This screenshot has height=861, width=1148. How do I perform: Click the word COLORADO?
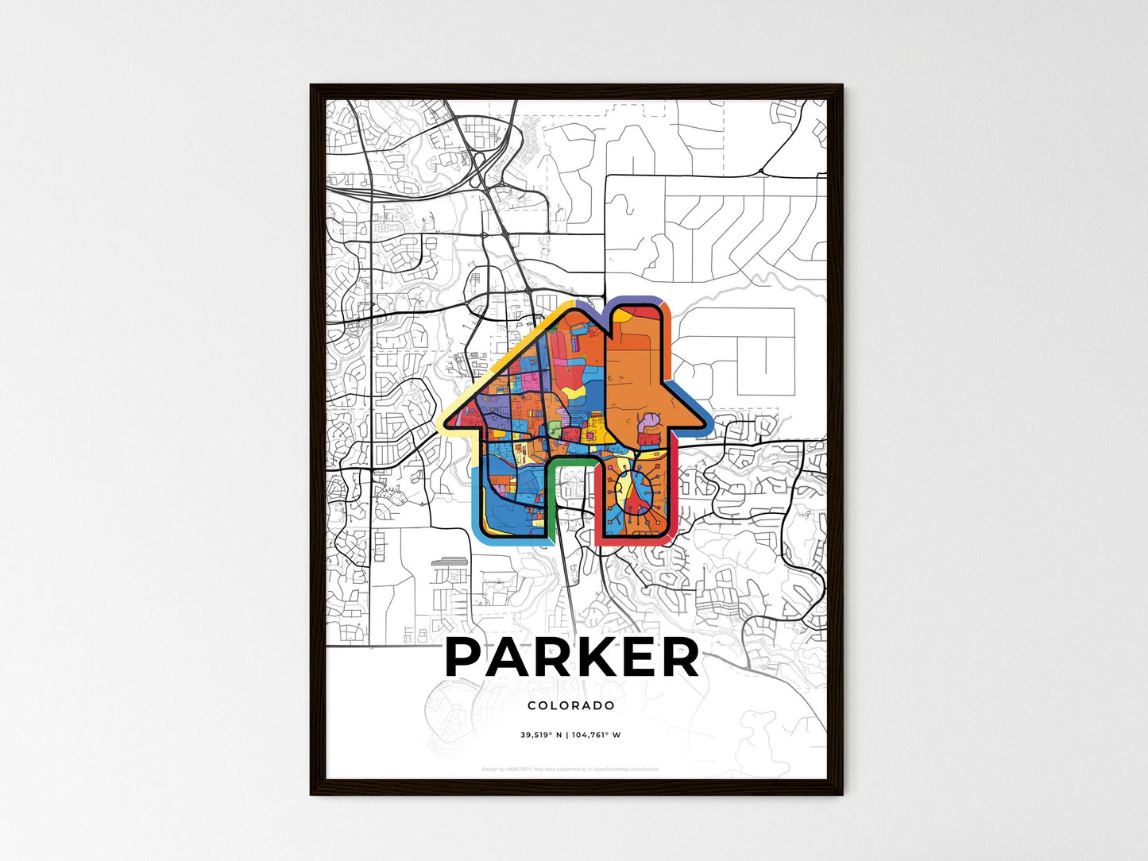[570, 705]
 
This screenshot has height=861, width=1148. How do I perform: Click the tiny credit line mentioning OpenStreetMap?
[570, 769]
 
